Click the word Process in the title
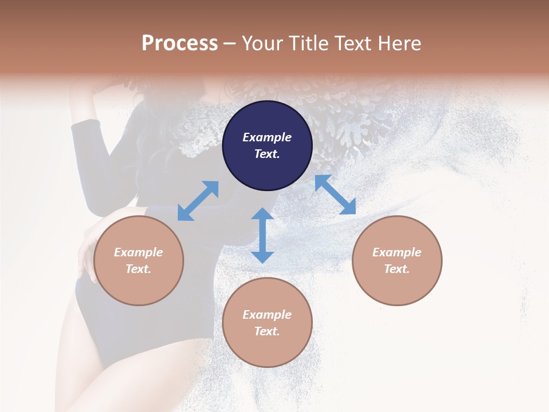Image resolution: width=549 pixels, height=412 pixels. click(x=180, y=43)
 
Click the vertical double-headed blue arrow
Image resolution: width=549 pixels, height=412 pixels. click(x=262, y=235)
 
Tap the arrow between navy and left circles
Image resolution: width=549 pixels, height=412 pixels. click(x=198, y=201)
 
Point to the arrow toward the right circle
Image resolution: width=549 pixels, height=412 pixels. click(x=335, y=195)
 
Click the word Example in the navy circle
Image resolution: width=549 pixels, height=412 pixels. click(x=267, y=137)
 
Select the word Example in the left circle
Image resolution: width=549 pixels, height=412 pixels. click(x=138, y=252)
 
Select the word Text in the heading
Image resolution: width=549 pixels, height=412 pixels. click(x=351, y=43)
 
